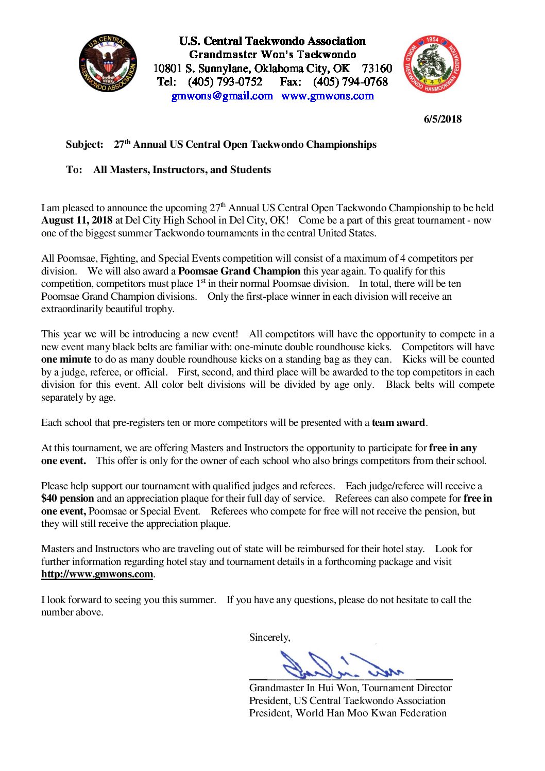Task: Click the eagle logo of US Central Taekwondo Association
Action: pyautogui.click(x=108, y=64)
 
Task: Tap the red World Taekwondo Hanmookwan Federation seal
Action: pyautogui.click(x=432, y=64)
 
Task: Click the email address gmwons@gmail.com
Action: pyautogui.click(x=222, y=96)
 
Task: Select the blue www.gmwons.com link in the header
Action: pyautogui.click(x=328, y=96)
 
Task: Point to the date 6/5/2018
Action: pyautogui.click(x=442, y=119)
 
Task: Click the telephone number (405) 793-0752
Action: pyautogui.click(x=225, y=82)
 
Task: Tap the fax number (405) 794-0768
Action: pyautogui.click(x=350, y=82)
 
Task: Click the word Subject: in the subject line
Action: pyautogui.click(x=84, y=145)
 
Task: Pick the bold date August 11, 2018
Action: pyautogui.click(x=77, y=220)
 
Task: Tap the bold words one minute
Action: pyautogui.click(x=66, y=359)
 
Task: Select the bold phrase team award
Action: pyautogui.click(x=398, y=423)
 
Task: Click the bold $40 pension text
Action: pyautogui.click(x=67, y=499)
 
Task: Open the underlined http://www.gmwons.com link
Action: pyautogui.click(x=97, y=574)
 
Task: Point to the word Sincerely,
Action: pyautogui.click(x=269, y=638)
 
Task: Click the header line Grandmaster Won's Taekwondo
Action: pyautogui.click(x=272, y=55)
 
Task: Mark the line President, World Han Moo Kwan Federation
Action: pyautogui.click(x=348, y=713)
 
